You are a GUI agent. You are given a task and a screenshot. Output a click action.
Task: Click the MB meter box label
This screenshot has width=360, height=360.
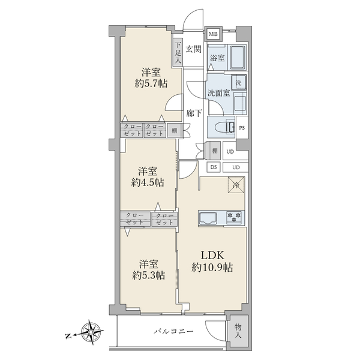[213, 34]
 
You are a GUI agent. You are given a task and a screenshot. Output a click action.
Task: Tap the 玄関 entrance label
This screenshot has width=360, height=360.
[194, 49]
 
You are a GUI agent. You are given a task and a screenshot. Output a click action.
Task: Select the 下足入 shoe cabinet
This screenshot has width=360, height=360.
[178, 53]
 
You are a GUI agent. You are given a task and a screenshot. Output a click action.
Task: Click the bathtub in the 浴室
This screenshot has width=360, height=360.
[238, 57]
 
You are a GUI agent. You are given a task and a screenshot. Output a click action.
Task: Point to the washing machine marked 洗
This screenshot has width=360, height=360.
[239, 82]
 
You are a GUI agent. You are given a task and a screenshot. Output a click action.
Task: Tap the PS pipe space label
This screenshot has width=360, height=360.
[242, 128]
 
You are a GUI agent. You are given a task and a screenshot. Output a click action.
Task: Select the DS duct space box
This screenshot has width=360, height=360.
[214, 167]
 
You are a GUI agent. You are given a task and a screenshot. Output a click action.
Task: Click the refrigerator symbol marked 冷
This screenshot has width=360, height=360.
[236, 185]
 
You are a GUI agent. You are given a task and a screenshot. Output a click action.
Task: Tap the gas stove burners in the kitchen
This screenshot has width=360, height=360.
[234, 217]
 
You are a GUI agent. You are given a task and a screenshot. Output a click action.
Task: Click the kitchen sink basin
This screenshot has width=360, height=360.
[208, 218]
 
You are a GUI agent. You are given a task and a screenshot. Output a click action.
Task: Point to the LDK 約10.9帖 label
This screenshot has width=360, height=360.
[212, 261]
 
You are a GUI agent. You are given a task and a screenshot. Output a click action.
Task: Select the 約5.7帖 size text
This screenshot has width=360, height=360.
[151, 83]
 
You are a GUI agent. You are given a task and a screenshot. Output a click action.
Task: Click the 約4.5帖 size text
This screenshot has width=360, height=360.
[148, 182]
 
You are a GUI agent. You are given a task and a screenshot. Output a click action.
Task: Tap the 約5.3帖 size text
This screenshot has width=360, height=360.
[149, 275]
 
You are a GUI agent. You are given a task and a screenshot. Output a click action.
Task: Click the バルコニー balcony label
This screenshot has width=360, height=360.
[174, 331]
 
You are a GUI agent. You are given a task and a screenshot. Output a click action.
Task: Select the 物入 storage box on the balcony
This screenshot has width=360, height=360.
[238, 331]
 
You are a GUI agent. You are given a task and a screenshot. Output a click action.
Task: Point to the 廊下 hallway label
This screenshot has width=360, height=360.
[194, 113]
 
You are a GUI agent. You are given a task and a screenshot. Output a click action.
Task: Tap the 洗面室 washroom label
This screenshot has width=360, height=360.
[219, 93]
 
